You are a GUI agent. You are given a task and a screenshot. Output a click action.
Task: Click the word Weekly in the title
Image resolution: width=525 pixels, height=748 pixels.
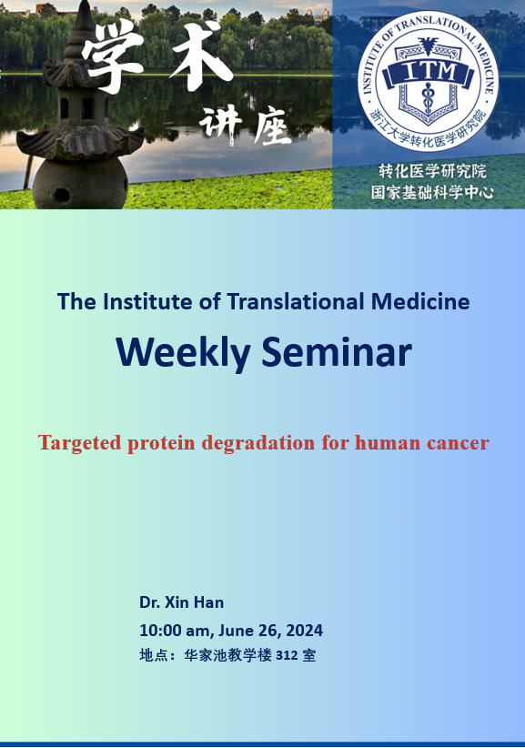click(183, 353)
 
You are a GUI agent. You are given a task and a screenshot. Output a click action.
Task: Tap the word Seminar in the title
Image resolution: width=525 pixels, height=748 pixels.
click(336, 351)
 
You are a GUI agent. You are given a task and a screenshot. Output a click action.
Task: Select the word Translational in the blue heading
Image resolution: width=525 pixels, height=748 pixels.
click(296, 301)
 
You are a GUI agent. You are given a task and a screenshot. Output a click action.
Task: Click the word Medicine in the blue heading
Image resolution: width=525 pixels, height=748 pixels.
click(420, 301)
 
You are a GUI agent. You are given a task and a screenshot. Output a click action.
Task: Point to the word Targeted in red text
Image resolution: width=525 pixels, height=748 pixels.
click(80, 443)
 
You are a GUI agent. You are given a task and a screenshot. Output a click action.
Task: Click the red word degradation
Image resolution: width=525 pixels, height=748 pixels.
click(258, 443)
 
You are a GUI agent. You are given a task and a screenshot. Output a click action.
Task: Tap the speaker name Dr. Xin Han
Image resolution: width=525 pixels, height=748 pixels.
click(181, 602)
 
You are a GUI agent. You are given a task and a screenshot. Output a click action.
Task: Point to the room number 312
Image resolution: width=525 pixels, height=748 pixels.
click(287, 656)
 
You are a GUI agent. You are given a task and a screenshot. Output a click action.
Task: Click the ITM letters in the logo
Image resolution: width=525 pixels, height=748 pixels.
click(430, 72)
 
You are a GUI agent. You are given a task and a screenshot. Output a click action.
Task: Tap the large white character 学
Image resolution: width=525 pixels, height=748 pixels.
click(112, 56)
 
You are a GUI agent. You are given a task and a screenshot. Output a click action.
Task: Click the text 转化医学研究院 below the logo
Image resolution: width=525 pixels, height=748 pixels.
click(432, 171)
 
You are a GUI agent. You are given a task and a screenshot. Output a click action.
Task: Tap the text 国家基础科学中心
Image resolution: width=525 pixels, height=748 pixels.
click(432, 192)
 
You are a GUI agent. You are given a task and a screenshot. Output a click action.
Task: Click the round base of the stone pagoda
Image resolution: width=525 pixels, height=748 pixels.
click(80, 184)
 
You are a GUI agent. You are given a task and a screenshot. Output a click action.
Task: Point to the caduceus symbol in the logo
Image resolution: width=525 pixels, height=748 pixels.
click(428, 97)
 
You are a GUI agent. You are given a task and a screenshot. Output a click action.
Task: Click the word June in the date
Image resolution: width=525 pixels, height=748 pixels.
click(236, 631)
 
